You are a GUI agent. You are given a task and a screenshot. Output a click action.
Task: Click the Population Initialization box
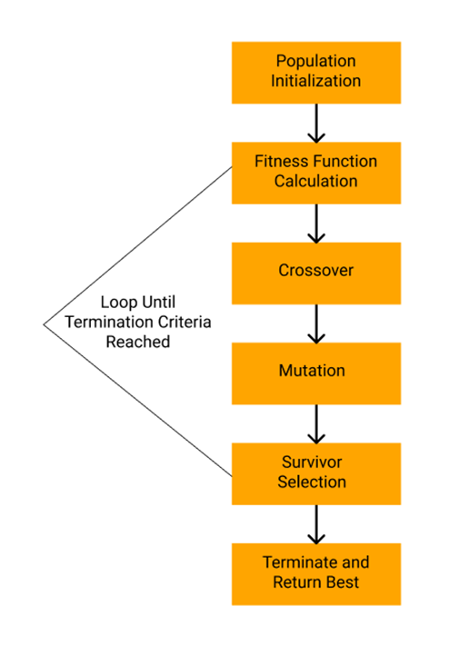pyautogui.click(x=316, y=72)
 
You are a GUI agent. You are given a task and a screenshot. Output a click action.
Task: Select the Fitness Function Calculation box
pyautogui.click(x=316, y=172)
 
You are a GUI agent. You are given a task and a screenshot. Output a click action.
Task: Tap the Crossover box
pyautogui.click(x=316, y=272)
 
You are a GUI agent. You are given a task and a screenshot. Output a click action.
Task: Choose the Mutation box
pyautogui.click(x=316, y=372)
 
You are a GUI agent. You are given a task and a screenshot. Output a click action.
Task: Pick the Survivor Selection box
pyautogui.click(x=316, y=472)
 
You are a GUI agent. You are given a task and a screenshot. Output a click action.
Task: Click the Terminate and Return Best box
pyautogui.click(x=316, y=573)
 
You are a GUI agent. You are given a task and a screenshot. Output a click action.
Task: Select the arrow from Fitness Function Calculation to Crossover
pyautogui.click(x=316, y=223)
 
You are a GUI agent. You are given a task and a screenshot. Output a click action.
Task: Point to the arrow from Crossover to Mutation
pyautogui.click(x=316, y=323)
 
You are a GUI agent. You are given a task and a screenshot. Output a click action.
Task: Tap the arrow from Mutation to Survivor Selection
pyautogui.click(x=316, y=422)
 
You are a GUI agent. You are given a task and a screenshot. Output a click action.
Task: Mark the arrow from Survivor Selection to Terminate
pyautogui.click(x=316, y=523)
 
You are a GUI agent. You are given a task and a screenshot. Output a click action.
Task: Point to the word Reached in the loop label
pyautogui.click(x=137, y=343)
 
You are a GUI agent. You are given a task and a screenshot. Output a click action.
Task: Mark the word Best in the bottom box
pyautogui.click(x=342, y=582)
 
